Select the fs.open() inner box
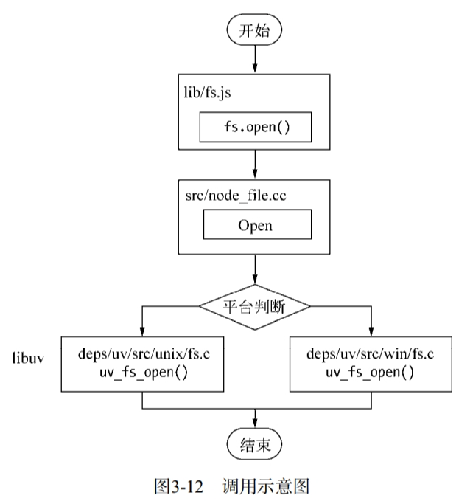tap(255, 127)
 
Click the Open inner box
tap(255, 226)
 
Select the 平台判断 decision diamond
tap(255, 305)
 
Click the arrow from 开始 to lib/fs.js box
tap(255, 59)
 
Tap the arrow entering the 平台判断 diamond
tap(255, 269)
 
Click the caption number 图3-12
tap(177, 486)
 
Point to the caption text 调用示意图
tap(276, 486)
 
